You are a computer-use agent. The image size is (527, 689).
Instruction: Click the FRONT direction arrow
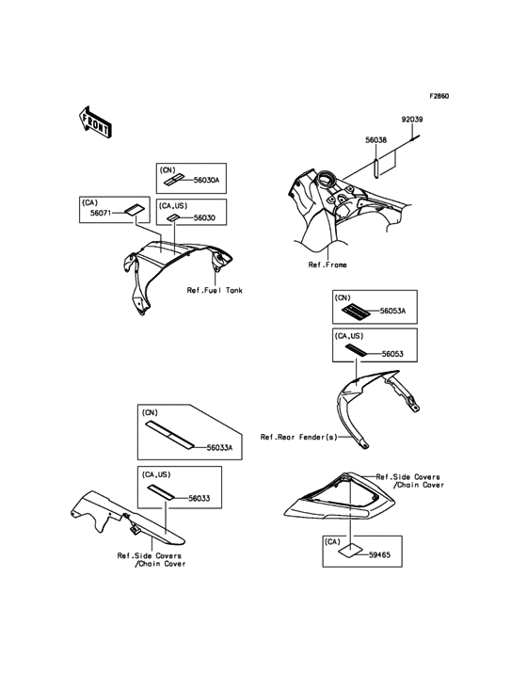coord(95,121)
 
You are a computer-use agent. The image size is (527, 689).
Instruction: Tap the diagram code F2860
coord(439,96)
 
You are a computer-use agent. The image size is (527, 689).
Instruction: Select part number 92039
coord(412,120)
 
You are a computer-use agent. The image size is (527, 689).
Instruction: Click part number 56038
coord(375,140)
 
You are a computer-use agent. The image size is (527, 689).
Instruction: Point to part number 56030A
coord(206,180)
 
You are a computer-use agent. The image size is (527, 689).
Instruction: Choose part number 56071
coord(101,213)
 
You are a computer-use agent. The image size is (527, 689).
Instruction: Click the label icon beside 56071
coord(135,210)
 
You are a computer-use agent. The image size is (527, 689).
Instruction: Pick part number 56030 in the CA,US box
coord(204,218)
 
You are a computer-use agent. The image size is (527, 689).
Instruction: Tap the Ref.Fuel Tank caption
coord(215,291)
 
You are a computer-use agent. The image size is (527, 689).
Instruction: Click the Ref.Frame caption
coord(327,264)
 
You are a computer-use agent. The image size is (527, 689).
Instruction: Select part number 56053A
coord(392,312)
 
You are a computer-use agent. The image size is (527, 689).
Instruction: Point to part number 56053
coord(392,354)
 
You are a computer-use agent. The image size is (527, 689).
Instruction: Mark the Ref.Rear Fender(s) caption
coord(298,438)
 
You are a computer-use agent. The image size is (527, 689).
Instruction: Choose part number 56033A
coord(219,448)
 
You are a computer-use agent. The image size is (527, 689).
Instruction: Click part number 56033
coord(199,498)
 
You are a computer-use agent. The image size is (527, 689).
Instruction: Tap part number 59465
coord(379,555)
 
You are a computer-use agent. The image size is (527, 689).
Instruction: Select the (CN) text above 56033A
coord(150,413)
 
